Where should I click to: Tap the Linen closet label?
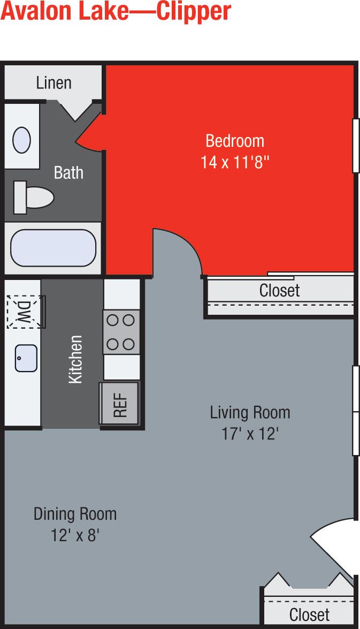pyautogui.click(x=54, y=83)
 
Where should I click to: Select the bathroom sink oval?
pyautogui.click(x=21, y=140)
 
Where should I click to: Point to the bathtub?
pyautogui.click(x=53, y=248)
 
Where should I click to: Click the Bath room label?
pyautogui.click(x=68, y=172)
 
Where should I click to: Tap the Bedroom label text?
pyautogui.click(x=235, y=141)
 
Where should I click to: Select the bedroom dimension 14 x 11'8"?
pyautogui.click(x=234, y=162)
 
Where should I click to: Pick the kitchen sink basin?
pyautogui.click(x=26, y=358)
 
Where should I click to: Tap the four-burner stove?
pyautogui.click(x=121, y=332)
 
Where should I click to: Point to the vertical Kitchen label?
pyautogui.click(x=75, y=359)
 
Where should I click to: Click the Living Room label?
pyautogui.click(x=250, y=413)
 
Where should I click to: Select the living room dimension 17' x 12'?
pyautogui.click(x=250, y=433)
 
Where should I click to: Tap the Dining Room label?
pyautogui.click(x=75, y=514)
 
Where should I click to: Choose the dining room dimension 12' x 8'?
pyautogui.click(x=75, y=535)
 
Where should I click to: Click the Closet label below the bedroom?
pyautogui.click(x=279, y=291)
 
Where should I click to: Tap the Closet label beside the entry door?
pyautogui.click(x=309, y=614)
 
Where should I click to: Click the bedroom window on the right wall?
pyautogui.click(x=356, y=146)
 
